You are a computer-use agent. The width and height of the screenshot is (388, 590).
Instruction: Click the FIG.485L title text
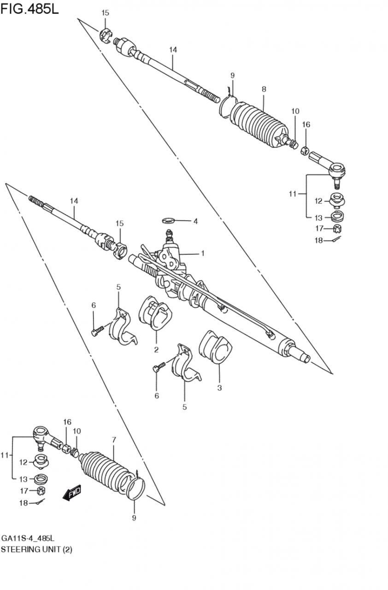29,10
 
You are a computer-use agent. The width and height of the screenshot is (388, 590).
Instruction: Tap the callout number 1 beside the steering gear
203,254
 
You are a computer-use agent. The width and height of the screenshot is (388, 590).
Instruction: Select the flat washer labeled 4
167,220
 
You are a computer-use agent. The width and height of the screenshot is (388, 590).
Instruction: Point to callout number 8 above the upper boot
264,89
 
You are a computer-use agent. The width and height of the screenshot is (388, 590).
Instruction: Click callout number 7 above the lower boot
114,440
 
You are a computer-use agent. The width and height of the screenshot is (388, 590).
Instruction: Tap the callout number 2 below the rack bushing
156,349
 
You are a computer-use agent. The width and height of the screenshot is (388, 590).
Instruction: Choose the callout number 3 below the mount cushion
219,388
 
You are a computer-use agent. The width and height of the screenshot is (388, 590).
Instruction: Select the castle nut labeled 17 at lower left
41,490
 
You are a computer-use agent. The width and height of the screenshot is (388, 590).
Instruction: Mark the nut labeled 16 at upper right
305,151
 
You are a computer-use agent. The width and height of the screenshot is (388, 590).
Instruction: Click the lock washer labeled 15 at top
106,35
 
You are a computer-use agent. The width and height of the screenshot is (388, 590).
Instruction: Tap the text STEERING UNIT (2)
36,549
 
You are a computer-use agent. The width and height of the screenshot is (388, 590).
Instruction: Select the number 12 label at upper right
318,201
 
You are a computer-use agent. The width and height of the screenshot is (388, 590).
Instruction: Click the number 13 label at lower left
24,479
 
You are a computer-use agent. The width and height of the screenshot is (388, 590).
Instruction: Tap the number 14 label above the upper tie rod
173,50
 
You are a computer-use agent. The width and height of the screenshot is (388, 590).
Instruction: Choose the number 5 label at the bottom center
184,407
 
